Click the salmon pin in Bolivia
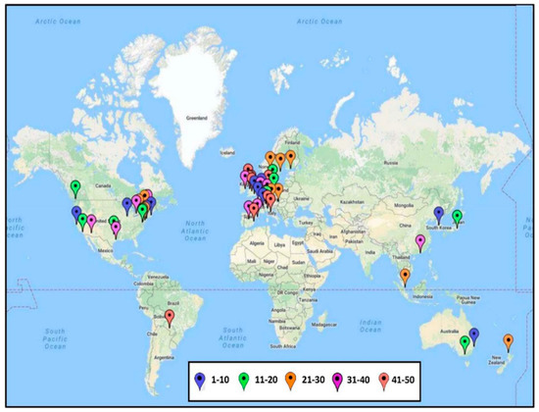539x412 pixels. (x=170, y=317)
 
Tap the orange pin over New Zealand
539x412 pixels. (x=507, y=340)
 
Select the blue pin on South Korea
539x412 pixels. (x=438, y=213)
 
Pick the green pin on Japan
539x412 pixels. (x=456, y=217)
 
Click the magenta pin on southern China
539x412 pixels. (x=420, y=241)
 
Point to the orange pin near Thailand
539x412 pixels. (x=405, y=276)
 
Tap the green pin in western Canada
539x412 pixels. (x=75, y=187)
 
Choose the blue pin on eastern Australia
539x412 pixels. (x=474, y=335)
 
